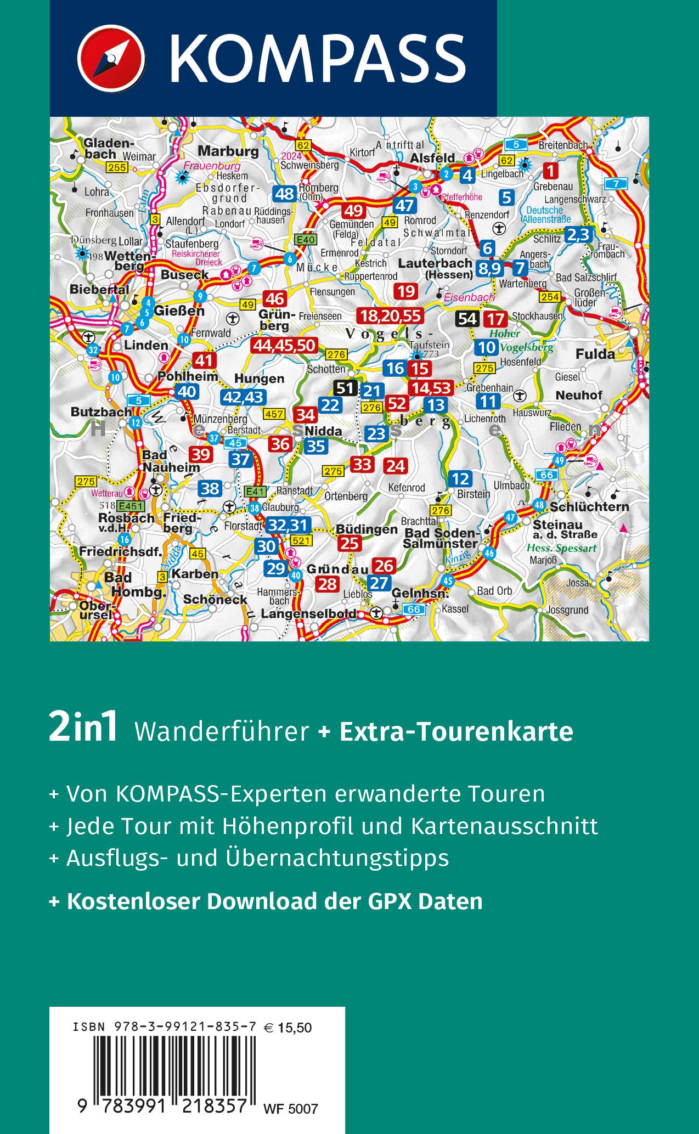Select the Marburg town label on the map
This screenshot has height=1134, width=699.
tap(228, 151)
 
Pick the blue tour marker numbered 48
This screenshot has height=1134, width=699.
tap(285, 193)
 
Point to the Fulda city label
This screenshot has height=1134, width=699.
tap(595, 354)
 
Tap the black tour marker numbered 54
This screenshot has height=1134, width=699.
tap(468, 319)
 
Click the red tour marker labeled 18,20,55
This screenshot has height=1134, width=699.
tap(390, 315)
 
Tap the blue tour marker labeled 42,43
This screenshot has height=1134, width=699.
tap(243, 397)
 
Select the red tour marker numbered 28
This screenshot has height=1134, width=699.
tap(328, 584)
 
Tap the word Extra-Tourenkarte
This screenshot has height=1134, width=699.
tap(456, 731)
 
